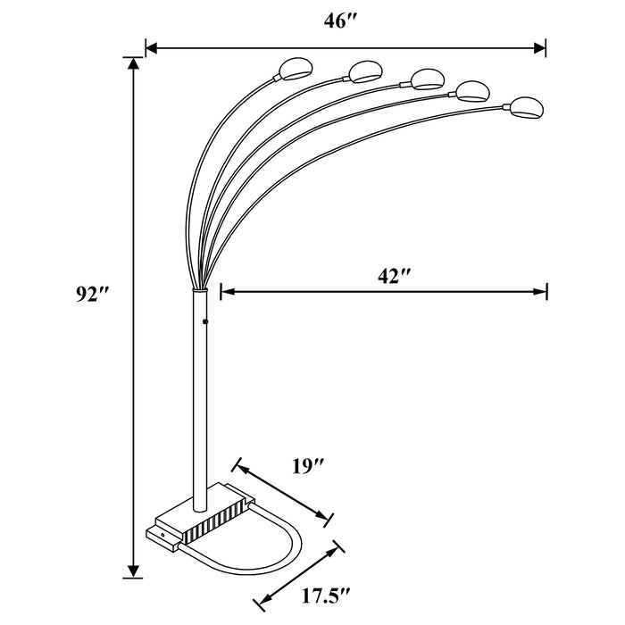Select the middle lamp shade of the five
[427, 79]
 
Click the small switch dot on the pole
[204, 321]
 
